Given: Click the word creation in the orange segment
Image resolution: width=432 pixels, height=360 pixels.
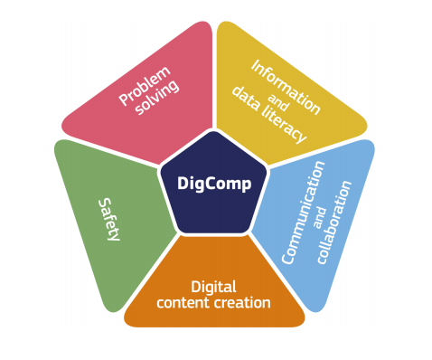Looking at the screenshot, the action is point(243,302).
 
